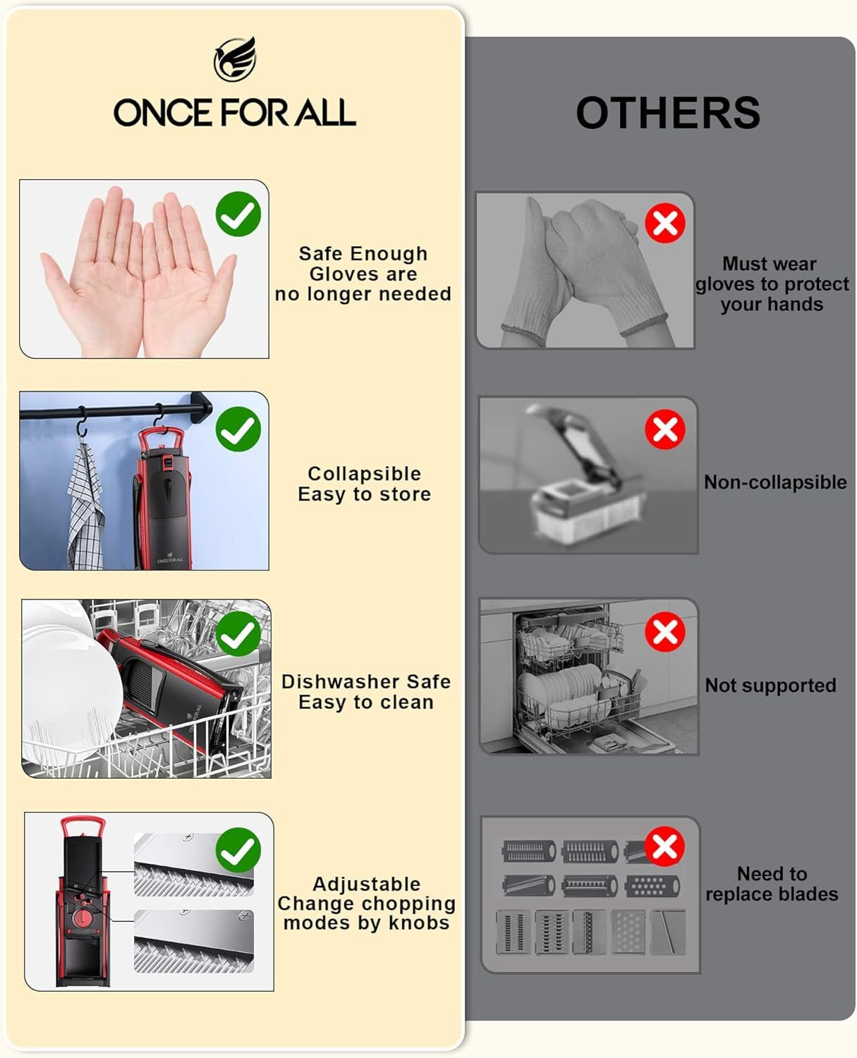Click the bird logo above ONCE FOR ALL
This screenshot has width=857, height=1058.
pyautogui.click(x=235, y=59)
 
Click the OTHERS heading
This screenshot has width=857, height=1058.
pyautogui.click(x=668, y=113)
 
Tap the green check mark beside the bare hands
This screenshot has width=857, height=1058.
pyautogui.click(x=238, y=214)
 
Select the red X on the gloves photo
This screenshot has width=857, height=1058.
pyautogui.click(x=664, y=222)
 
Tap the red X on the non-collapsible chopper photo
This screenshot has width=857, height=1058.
pyautogui.click(x=664, y=429)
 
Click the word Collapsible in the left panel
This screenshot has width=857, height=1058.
pyautogui.click(x=364, y=473)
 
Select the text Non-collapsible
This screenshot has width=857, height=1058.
pyautogui.click(x=775, y=482)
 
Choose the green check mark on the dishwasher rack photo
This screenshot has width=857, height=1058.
pyautogui.click(x=238, y=634)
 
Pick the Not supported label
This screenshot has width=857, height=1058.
pyautogui.click(x=770, y=686)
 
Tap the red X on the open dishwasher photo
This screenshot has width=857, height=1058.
pyautogui.click(x=664, y=632)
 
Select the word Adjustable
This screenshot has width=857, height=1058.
pyautogui.click(x=367, y=884)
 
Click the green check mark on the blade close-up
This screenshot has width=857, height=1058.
pyautogui.click(x=238, y=850)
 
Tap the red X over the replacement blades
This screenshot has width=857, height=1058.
pyautogui.click(x=664, y=846)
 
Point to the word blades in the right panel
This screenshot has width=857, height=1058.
pyautogui.click(x=808, y=894)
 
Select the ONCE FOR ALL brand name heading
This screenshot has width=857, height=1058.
pyautogui.click(x=235, y=112)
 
